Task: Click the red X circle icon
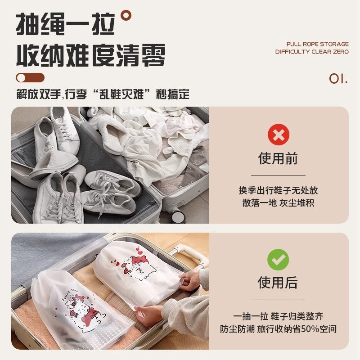point(278,135)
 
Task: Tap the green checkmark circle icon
point(278,260)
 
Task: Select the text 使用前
point(278,158)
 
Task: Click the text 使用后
point(278,283)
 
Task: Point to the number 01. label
point(338,79)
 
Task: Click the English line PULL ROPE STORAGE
point(317,44)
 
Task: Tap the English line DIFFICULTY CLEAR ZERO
point(312,52)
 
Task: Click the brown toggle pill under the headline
point(30,77)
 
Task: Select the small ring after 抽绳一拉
point(127,15)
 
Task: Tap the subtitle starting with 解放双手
point(103,95)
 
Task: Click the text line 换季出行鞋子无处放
point(278,190)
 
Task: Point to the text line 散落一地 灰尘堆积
point(278,203)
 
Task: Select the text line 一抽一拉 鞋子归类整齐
point(278,316)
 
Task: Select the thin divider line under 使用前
point(278,175)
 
